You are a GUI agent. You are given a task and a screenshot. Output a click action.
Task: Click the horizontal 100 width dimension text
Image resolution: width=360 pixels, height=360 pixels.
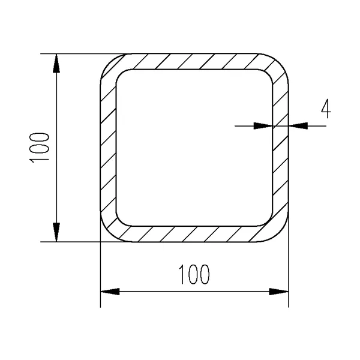194,275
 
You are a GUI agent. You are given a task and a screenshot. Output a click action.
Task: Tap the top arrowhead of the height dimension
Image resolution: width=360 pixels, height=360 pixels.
56,63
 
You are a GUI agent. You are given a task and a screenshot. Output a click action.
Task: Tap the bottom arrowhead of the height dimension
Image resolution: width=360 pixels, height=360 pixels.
56,233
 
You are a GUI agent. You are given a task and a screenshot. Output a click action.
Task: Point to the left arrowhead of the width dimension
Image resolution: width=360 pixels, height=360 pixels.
109,292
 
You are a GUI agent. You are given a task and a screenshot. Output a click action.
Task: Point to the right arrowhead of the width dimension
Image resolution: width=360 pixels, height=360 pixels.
278,292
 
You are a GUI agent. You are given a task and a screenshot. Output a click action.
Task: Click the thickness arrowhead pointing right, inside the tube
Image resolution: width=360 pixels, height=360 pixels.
263,125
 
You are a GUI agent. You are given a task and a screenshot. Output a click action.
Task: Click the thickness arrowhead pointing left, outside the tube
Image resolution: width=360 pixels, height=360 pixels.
298,125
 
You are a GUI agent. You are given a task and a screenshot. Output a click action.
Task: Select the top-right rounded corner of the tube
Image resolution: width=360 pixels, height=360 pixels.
278,64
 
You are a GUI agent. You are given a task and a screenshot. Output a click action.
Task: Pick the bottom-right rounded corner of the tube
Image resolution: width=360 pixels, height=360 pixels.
278,232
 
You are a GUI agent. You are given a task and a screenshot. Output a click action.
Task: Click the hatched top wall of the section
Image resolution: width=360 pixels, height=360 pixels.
193,61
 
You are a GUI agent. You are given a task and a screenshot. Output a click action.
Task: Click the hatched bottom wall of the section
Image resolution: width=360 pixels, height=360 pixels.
193,234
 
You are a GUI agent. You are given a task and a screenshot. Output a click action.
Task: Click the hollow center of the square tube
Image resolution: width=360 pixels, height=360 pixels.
193,148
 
